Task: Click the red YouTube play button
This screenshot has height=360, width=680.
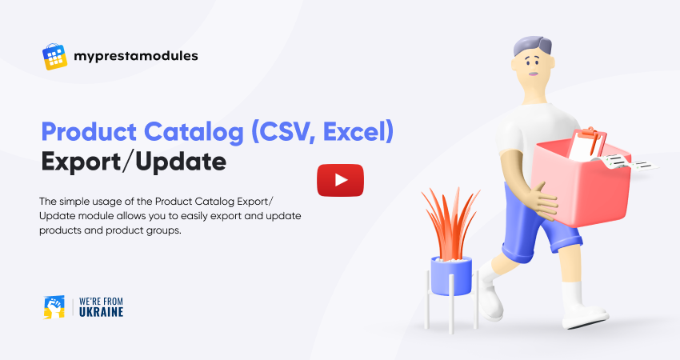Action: coord(341,180)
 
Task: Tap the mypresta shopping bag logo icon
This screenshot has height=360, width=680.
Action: coord(54,56)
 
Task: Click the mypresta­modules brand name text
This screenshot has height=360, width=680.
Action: coord(136,56)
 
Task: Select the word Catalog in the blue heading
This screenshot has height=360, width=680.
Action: coord(194,132)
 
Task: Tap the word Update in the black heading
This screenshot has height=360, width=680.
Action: coord(181,162)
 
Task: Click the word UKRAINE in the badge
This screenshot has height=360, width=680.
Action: coord(101,312)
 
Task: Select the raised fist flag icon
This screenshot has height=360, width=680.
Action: coord(54,307)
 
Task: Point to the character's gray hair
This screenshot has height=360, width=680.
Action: coord(533,45)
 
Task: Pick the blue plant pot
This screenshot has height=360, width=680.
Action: coord(451,276)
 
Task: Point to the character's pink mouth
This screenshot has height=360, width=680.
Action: coord(533,74)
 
